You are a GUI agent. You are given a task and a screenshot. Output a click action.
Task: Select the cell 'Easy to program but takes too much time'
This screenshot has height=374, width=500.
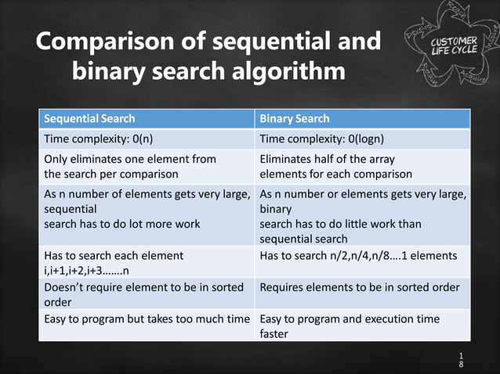[147, 319]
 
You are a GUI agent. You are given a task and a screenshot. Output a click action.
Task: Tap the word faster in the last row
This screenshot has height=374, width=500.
[274, 334]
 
